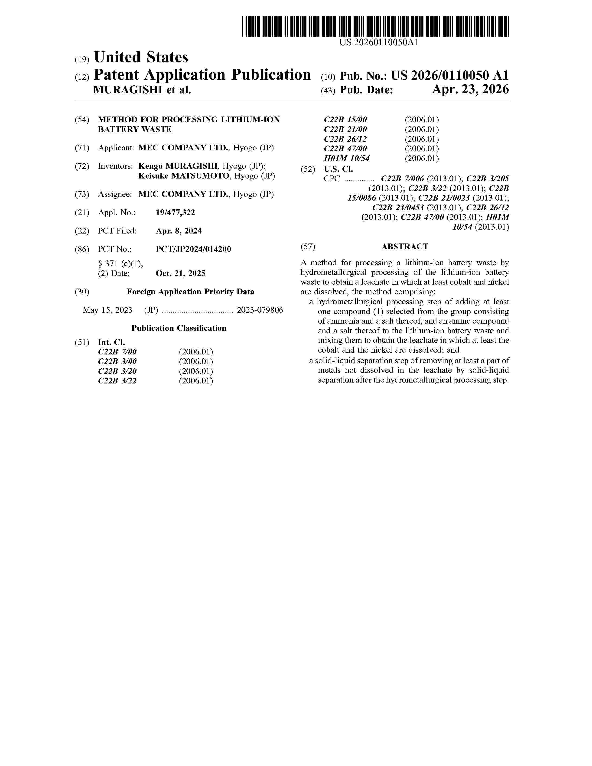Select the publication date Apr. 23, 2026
coord(470,90)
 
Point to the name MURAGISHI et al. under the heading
coord(142,90)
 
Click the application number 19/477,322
coord(175,213)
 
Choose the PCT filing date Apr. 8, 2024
coord(179,231)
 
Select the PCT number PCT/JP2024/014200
coord(193,249)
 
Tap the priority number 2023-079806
coord(260,310)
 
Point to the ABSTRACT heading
coord(405,247)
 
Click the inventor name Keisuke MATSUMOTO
coord(184,176)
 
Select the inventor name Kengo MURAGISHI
coord(178,166)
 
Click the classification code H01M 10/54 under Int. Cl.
coord(347,159)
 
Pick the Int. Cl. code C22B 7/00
coord(117,352)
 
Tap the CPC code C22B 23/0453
coord(398,208)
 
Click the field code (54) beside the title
coord(82,120)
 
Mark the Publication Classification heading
coord(179,328)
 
